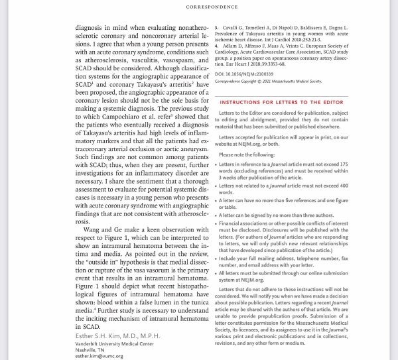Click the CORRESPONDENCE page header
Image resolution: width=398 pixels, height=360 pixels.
199,7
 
